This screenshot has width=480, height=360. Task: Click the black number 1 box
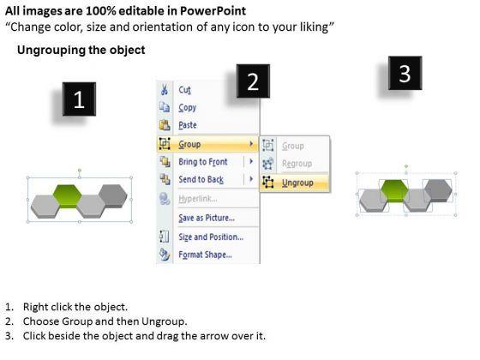point(79,99)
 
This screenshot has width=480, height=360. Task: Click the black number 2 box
point(253,81)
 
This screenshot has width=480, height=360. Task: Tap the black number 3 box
point(405,73)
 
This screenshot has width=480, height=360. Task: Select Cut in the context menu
point(184,90)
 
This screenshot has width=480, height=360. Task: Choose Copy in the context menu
point(188,108)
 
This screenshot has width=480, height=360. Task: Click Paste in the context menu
point(188,125)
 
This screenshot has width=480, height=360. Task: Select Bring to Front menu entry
point(203,162)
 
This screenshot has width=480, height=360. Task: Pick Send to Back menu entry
point(201,179)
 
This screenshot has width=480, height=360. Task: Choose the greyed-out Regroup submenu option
point(297,164)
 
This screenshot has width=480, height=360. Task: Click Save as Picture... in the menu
point(207,218)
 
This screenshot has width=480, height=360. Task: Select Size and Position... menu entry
point(211,237)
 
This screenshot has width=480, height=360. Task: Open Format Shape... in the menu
point(205,255)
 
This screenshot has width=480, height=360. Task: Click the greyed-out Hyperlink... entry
point(198,199)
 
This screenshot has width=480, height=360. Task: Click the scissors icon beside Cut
point(165,90)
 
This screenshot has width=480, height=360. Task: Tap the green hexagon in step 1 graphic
point(68,196)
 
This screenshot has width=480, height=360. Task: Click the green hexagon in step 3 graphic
point(394,190)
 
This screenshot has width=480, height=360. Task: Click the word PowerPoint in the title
point(213,11)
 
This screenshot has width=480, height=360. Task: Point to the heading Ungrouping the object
point(81,50)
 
